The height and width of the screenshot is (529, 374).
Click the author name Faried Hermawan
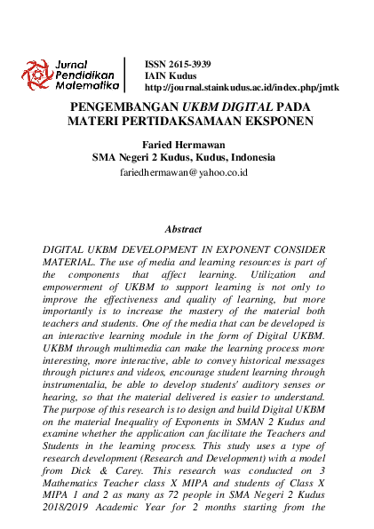point(185,144)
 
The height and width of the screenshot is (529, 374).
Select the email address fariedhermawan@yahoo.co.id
point(184,173)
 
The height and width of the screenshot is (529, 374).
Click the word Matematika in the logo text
point(87,88)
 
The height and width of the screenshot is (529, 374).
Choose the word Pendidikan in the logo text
point(84,77)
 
